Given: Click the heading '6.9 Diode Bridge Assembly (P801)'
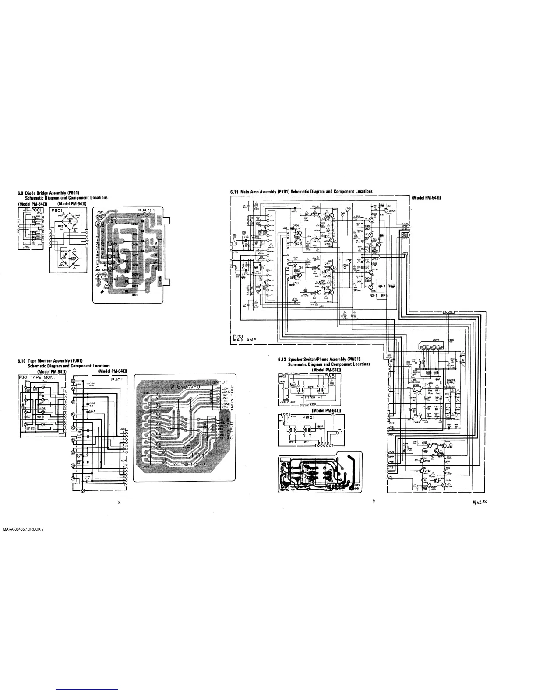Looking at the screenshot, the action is click(52, 193).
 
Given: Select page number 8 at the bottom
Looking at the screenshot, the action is click(120, 502).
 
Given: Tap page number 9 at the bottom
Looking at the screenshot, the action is click(373, 501).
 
